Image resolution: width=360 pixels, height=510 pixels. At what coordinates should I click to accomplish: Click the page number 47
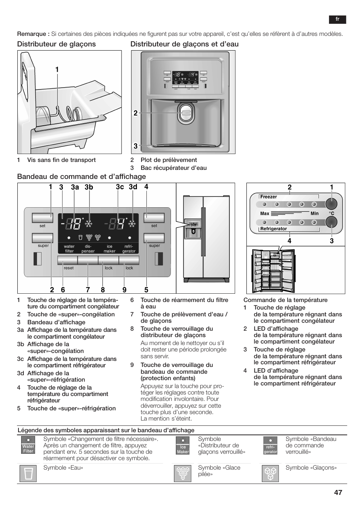tap(338, 492)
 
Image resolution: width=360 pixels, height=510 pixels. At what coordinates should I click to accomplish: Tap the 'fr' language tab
tap(337, 20)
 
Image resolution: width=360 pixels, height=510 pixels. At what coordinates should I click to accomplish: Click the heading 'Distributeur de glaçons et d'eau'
tap(185, 44)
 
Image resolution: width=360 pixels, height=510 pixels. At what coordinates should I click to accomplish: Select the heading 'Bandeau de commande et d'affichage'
tap(82, 177)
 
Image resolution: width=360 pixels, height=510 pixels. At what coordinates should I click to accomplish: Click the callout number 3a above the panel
tap(75, 187)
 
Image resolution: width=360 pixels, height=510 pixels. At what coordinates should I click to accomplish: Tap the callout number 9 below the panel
tap(124, 290)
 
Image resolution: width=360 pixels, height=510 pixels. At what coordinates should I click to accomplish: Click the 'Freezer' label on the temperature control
tap(269, 197)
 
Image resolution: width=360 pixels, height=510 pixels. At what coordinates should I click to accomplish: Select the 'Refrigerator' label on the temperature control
tap(274, 229)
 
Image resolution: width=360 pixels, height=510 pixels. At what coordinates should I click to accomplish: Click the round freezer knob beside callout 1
tap(331, 204)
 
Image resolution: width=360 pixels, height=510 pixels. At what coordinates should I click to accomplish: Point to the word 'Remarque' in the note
tap(33, 34)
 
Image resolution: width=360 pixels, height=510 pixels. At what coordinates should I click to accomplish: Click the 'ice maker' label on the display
tap(109, 249)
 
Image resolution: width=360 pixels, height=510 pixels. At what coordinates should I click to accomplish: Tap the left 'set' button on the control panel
tap(42, 218)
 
